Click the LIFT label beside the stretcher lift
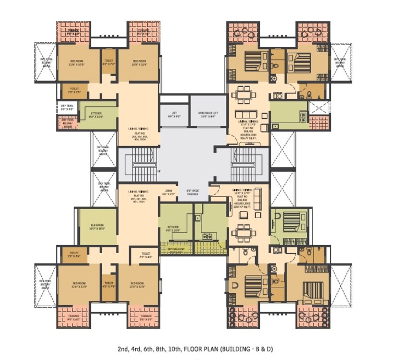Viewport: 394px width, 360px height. (x=174, y=114)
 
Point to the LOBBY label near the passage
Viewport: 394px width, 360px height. (x=169, y=192)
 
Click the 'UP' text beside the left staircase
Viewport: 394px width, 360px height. (x=158, y=171)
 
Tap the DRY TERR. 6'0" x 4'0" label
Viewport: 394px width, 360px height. (x=67, y=108)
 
